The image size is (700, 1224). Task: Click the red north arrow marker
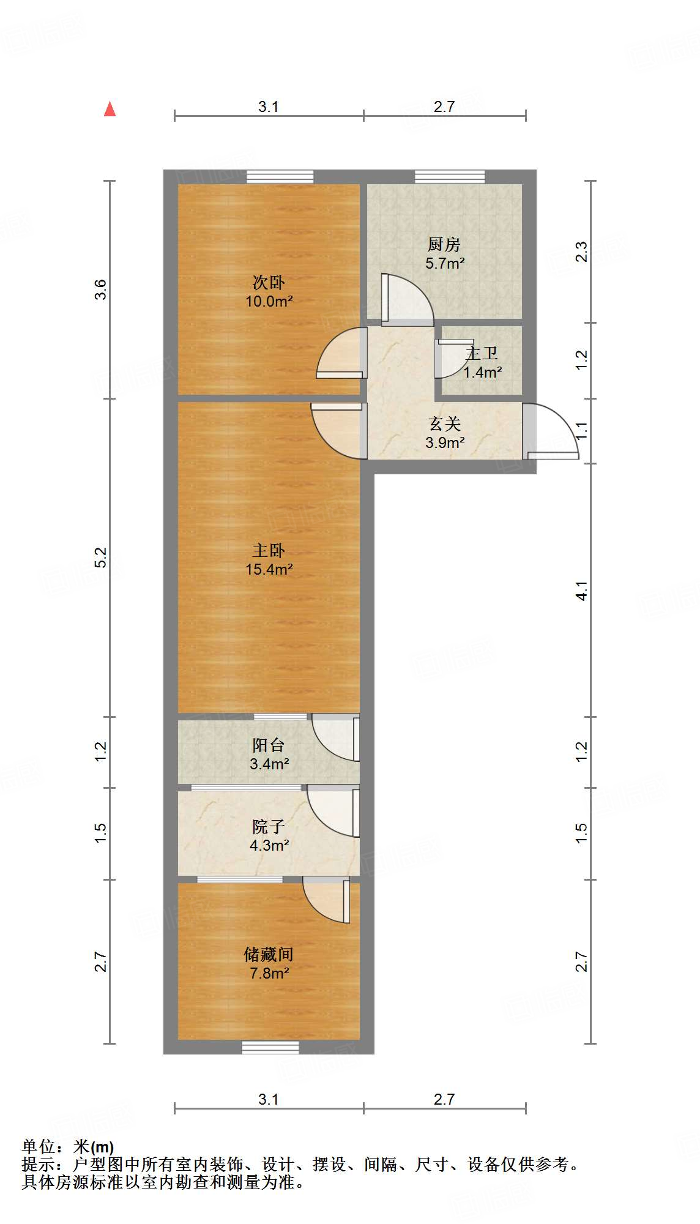110,110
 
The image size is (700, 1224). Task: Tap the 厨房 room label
444,245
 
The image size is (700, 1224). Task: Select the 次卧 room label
269,283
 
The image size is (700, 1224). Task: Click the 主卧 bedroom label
269,551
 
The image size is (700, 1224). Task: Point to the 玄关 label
444,424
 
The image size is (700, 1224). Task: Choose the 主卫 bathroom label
482,354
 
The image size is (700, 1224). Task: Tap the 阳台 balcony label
269,745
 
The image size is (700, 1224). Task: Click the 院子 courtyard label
269,827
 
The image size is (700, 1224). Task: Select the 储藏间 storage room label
269,954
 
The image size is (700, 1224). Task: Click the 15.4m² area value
269,569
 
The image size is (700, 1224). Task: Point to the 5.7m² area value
444,264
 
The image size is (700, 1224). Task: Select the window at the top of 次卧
280,176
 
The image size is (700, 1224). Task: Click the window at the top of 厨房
450,176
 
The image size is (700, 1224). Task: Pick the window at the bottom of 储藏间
270,1047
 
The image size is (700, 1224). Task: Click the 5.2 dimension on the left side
100,557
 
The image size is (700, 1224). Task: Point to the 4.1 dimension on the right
581,590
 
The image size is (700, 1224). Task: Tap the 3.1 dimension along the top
268,107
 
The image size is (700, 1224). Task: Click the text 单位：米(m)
68,1147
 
